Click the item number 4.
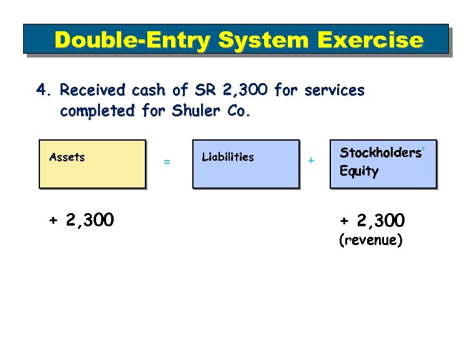(43, 91)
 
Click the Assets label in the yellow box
(67, 157)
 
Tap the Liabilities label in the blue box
(228, 157)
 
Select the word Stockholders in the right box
(380, 153)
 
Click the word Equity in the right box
(359, 171)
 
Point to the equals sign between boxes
(167, 162)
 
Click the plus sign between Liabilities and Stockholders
(311, 161)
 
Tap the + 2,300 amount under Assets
(81, 220)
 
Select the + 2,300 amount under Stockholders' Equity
(372, 221)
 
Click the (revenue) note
(370, 240)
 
